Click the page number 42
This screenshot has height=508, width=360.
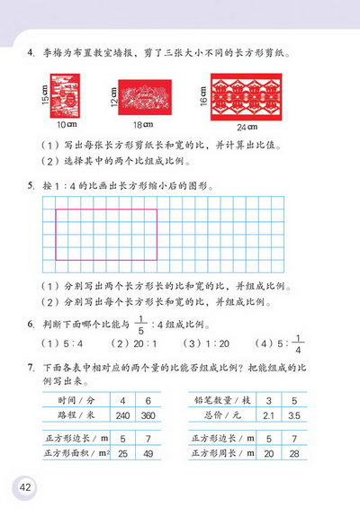click(x=23, y=486)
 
